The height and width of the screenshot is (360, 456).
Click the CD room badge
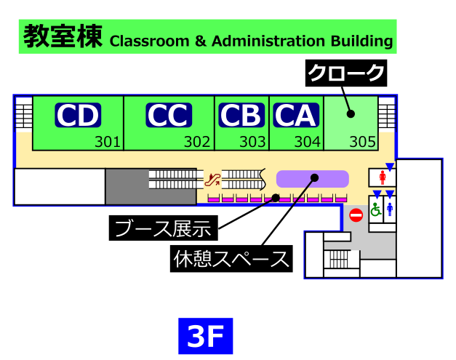78,115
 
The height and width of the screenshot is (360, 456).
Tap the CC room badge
169,115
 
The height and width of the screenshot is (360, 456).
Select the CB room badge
241,115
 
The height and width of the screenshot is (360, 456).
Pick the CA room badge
295,115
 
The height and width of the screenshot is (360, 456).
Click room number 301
107,142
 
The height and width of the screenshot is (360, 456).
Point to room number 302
196,142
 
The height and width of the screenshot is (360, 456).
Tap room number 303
252,142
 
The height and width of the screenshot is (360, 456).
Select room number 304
307,142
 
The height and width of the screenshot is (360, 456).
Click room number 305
362,142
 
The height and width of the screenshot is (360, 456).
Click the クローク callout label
345,73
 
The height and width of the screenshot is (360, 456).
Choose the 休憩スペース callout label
232,259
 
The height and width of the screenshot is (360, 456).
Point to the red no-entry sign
356,215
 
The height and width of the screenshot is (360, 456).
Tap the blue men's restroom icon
390,209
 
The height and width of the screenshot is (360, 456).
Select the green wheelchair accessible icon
376,209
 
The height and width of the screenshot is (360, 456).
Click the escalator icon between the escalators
212,177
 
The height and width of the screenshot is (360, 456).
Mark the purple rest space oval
313,177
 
